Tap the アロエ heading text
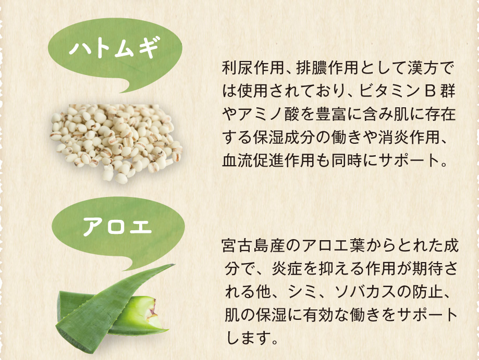(117, 226)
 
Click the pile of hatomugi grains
(116, 142)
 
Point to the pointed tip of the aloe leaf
(173, 265)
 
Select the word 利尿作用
(253, 68)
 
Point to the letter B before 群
(430, 91)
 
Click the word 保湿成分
(284, 138)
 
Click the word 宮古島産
(253, 246)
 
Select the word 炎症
(287, 269)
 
